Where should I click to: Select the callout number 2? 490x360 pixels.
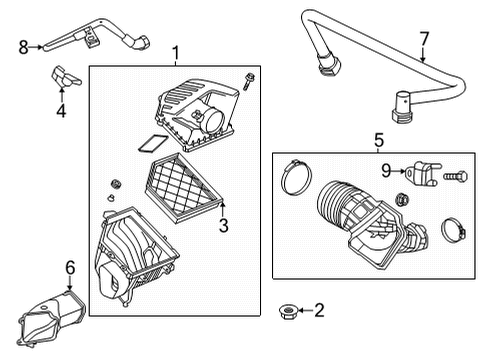[320, 310]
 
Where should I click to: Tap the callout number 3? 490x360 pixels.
[223, 226]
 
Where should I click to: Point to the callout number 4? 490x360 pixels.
[61, 111]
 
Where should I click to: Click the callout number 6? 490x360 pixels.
[69, 267]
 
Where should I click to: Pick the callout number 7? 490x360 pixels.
[423, 39]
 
